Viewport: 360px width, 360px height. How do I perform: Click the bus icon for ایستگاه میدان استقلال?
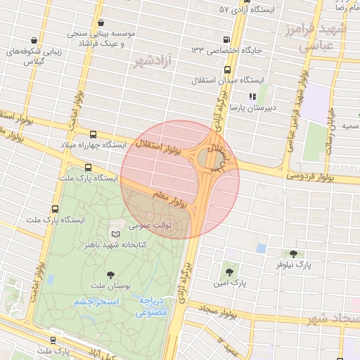tap(227, 70)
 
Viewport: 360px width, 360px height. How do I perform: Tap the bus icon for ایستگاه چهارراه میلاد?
tap(93, 134)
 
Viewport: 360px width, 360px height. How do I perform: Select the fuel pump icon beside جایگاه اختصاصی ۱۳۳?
tap(226, 40)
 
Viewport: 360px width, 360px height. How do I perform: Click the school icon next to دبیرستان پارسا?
tap(251, 96)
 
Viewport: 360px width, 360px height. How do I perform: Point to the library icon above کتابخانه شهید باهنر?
tap(116, 233)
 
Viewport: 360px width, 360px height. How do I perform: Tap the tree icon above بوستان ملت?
tap(110, 275)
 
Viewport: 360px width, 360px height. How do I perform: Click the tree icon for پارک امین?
tap(229, 271)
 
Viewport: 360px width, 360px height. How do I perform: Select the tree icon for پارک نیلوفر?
tap(293, 253)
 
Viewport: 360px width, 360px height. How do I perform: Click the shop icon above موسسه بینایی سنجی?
tap(102, 22)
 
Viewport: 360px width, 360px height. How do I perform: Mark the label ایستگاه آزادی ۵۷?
tap(254, 10)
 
